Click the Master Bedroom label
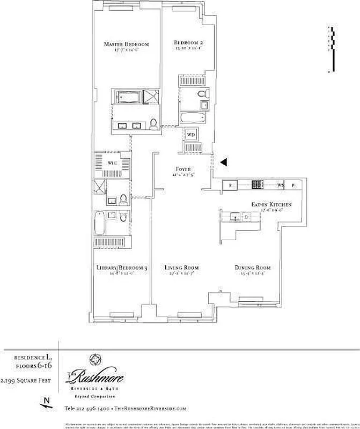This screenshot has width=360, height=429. (x=126, y=44)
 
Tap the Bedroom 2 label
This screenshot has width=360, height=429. (x=188, y=43)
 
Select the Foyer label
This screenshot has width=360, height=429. (x=183, y=169)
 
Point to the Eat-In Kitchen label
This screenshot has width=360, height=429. (x=272, y=205)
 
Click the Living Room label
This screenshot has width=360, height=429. (x=182, y=268)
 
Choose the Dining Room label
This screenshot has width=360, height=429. (x=252, y=268)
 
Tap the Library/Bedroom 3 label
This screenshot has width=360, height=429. (x=122, y=268)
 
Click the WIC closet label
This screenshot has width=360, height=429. (x=112, y=162)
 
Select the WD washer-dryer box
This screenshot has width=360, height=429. (x=191, y=135)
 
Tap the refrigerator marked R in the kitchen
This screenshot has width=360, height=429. (x=230, y=186)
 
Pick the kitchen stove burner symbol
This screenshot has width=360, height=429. (x=257, y=186)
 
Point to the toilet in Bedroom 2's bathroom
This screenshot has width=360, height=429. (x=202, y=95)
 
